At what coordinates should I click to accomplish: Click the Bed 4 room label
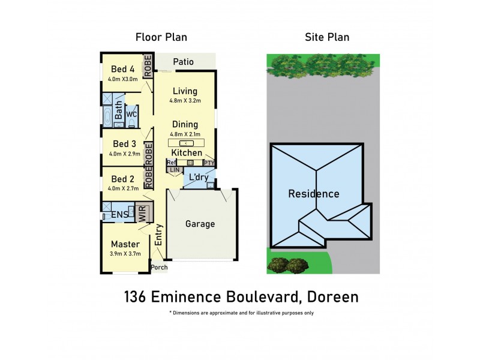(x=122, y=68)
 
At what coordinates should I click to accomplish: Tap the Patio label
(x=183, y=61)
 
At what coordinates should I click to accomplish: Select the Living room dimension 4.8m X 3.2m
(x=185, y=101)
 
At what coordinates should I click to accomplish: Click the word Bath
(x=119, y=110)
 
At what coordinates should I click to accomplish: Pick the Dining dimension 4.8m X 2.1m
(x=185, y=134)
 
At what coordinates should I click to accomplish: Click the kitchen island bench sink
(x=186, y=143)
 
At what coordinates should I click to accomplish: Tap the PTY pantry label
(x=209, y=163)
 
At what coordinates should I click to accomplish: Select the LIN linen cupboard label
(x=175, y=170)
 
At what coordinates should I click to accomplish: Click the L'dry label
(x=198, y=178)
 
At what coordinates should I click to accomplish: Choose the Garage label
(x=200, y=224)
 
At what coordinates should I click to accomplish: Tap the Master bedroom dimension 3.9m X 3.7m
(x=125, y=254)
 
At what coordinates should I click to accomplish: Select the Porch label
(x=159, y=267)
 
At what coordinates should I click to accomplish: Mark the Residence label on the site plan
(x=314, y=194)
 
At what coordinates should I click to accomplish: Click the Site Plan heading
(x=327, y=37)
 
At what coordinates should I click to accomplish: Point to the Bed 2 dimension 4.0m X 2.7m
(x=124, y=188)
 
